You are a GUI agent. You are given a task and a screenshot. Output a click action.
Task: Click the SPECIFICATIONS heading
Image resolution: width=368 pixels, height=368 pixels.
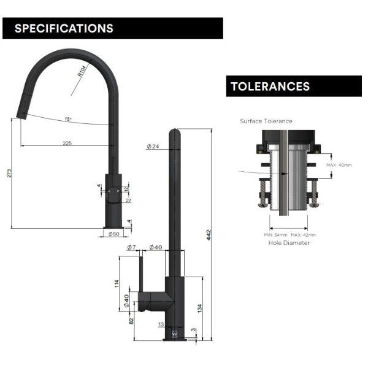click(x=64, y=28)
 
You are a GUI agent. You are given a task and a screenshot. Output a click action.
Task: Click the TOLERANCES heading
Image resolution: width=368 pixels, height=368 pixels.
click(x=270, y=86)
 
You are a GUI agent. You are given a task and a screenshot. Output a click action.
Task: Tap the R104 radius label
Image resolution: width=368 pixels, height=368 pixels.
click(x=82, y=74)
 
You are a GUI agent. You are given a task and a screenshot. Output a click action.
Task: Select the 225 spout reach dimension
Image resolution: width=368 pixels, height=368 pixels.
click(x=67, y=142)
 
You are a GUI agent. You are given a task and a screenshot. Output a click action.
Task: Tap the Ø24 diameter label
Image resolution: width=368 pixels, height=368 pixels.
click(x=153, y=147)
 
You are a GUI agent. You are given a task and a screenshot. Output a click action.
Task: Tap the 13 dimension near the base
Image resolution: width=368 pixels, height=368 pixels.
click(x=161, y=324)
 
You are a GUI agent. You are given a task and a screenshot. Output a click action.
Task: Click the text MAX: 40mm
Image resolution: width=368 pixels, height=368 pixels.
click(x=339, y=165)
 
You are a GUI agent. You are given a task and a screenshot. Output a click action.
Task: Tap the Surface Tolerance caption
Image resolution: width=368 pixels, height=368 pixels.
click(x=266, y=121)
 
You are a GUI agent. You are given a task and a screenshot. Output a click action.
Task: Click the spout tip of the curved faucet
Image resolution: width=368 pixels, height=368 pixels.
click(x=21, y=115)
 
